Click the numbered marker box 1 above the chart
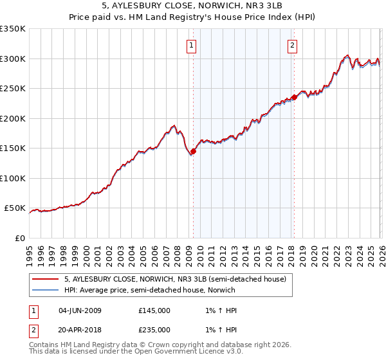pyautogui.click(x=192, y=45)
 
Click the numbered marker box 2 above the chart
pyautogui.click(x=293, y=45)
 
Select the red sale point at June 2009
pyautogui.click(x=193, y=152)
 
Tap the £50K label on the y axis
pyautogui.click(x=15, y=208)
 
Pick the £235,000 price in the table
pyautogui.click(x=154, y=329)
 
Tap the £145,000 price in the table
pyautogui.click(x=154, y=310)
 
